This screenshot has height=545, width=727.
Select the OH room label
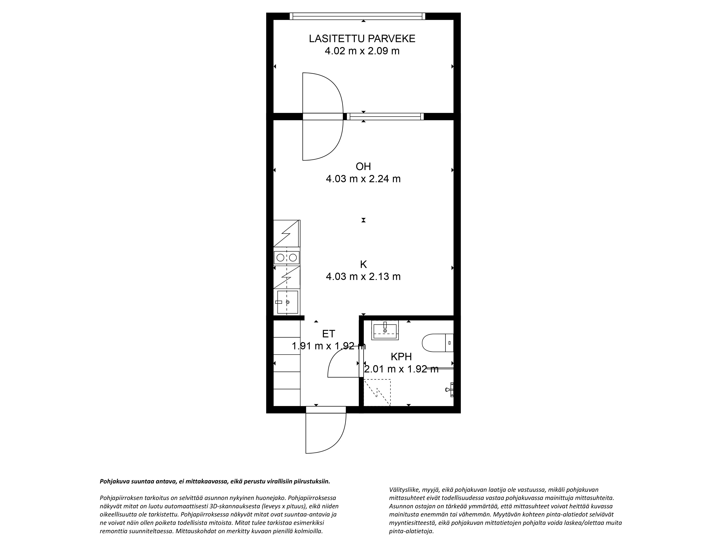click(363, 167)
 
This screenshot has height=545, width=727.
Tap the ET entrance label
click(328, 334)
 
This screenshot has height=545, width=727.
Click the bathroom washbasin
click(385, 330)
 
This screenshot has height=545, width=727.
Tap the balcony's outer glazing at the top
click(357, 16)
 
